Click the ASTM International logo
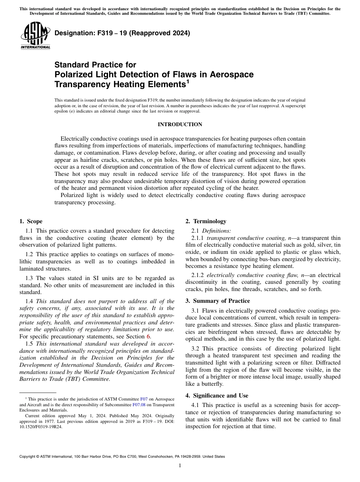(35, 36)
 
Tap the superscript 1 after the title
(187, 81)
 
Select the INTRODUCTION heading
(180, 124)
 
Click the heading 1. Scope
(31, 221)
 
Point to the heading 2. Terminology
(206, 221)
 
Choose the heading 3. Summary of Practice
(218, 301)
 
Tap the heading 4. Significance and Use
(217, 396)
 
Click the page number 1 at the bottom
(180, 466)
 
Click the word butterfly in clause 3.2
(212, 383)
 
